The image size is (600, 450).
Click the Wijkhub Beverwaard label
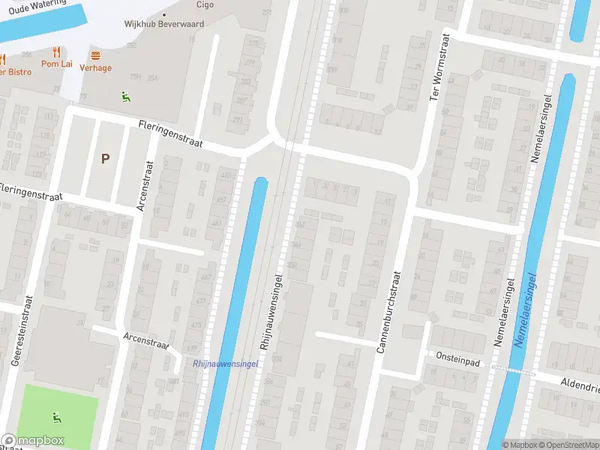coord(163,24)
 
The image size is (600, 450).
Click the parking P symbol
coord(105,158)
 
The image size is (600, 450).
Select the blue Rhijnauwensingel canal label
coord(226,364)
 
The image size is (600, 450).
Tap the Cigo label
coord(205,4)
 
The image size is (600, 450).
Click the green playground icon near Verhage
coord(125,96)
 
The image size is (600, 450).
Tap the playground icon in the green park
coord(56,416)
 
